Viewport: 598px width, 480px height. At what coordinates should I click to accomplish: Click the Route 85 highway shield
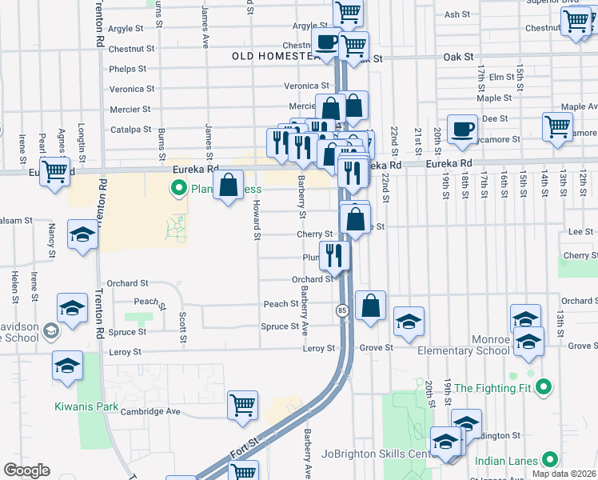click(341, 310)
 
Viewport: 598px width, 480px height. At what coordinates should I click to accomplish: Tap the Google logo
click(26, 470)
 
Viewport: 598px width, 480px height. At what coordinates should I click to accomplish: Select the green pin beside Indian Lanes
click(550, 459)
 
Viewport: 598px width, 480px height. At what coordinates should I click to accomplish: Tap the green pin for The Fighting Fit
click(544, 388)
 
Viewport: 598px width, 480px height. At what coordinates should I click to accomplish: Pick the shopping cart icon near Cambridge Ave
click(242, 405)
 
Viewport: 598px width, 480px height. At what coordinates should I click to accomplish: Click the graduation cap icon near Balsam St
click(82, 234)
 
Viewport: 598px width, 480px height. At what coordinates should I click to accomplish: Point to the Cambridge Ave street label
click(150, 411)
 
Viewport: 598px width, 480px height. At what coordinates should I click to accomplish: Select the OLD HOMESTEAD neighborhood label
click(275, 56)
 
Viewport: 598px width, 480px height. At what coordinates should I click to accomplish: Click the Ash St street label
click(456, 14)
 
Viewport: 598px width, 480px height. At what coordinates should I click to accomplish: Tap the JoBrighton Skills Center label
click(375, 454)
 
